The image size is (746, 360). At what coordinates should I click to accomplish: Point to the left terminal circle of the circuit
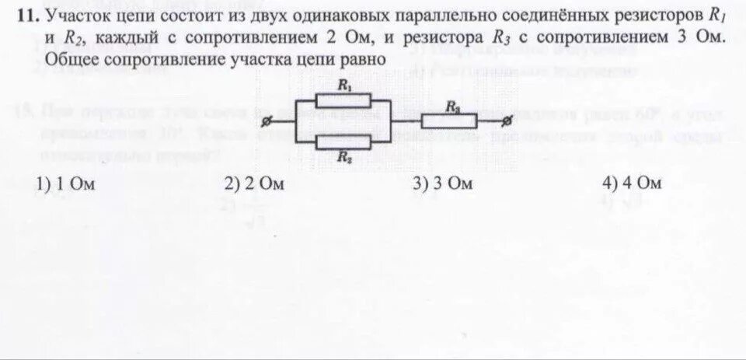pyautogui.click(x=267, y=122)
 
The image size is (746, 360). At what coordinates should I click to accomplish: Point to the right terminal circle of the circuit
pyautogui.click(x=507, y=121)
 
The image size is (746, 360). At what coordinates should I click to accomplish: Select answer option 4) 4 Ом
pyautogui.click(x=631, y=184)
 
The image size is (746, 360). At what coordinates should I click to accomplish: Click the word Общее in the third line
pyautogui.click(x=70, y=59)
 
